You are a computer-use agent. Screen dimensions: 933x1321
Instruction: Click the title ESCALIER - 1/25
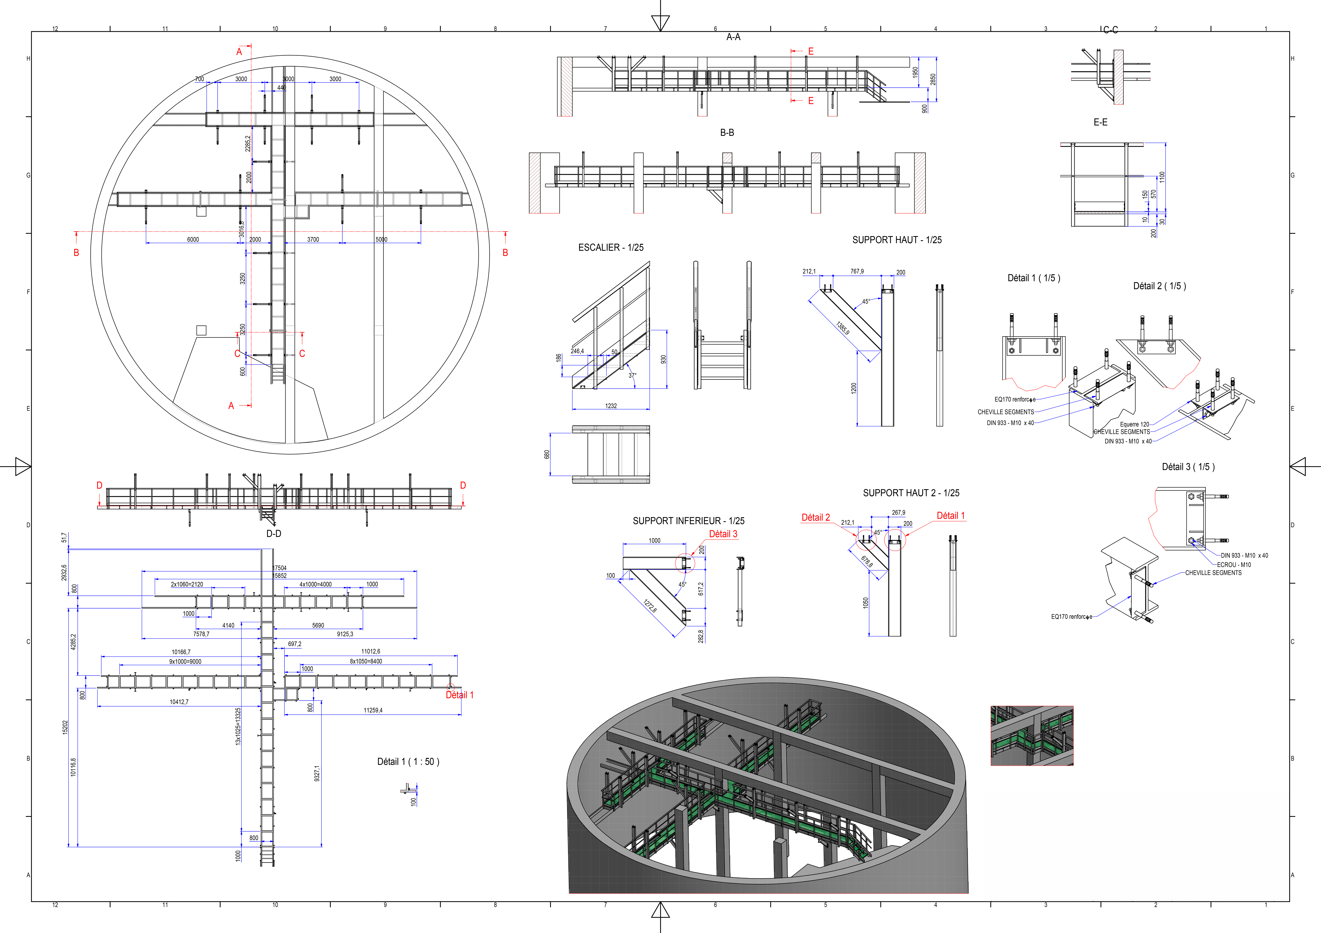point(611,247)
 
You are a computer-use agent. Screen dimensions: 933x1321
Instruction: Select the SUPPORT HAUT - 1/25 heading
point(896,240)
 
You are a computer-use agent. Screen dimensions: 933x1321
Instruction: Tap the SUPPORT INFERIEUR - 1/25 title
point(688,521)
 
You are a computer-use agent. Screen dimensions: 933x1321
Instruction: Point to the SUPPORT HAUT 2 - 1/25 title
point(911,493)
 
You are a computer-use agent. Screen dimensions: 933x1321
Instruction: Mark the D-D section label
point(274,534)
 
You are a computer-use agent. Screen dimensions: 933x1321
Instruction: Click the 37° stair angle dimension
point(632,376)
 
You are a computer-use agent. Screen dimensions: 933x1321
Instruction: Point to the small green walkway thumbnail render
point(1032,736)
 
